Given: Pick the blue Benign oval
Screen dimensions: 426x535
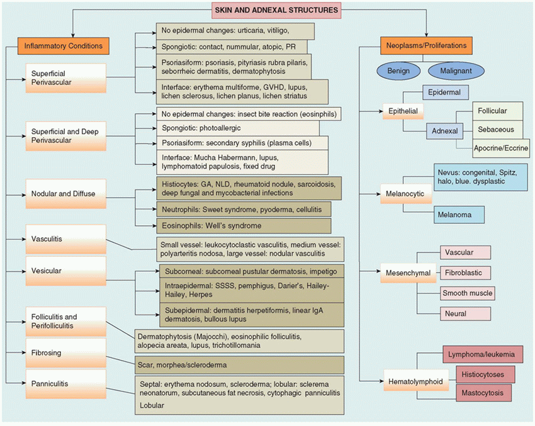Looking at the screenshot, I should point(398,70).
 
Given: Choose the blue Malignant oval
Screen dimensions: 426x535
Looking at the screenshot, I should point(456,70).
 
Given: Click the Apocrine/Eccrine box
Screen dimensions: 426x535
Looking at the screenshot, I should point(501,149).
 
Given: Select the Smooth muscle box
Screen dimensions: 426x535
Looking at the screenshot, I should point(467,293).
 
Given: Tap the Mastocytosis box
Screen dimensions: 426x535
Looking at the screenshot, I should point(482,393).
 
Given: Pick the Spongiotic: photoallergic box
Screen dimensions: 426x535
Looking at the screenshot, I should point(237,128).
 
